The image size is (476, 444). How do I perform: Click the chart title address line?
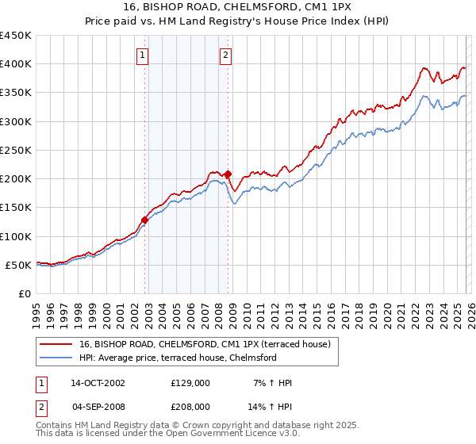238,7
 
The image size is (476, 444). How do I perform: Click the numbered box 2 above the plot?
226,55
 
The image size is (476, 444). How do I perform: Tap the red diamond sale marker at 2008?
228,174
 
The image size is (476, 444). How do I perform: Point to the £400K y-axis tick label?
16,64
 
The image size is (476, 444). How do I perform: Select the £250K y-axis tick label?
16,151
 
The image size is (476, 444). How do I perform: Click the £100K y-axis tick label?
16,236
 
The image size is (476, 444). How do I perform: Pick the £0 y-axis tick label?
25,293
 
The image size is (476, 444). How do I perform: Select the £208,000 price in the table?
190,406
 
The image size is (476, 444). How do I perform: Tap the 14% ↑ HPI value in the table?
273,406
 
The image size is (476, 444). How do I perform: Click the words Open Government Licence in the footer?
223,435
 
